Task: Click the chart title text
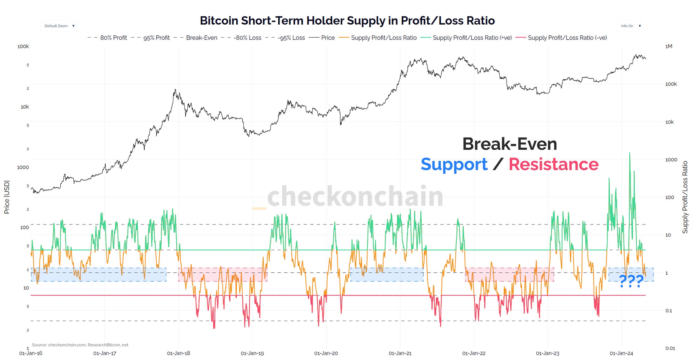(347, 21)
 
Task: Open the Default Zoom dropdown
(59, 26)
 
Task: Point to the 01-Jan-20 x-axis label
(326, 353)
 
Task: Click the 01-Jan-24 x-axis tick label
(621, 353)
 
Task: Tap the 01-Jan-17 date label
(105, 353)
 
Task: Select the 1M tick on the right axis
(669, 46)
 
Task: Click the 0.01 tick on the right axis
(670, 348)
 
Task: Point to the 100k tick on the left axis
(23, 46)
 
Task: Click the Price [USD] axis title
(7, 197)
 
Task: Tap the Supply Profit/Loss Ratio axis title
(685, 197)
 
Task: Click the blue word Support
(454, 164)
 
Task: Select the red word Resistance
(554, 164)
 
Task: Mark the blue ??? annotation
(631, 281)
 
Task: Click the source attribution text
(80, 345)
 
